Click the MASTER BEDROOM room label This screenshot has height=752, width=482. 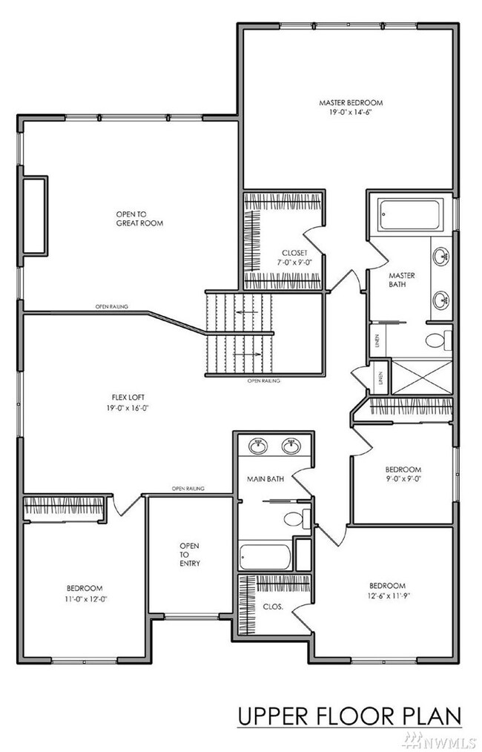click(351, 103)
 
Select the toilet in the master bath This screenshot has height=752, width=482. click(437, 340)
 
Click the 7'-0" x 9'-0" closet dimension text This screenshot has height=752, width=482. click(273, 262)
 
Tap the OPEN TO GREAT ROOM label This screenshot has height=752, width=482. click(139, 218)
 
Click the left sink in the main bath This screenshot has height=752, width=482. click(257, 446)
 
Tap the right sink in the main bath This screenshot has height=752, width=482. click(291, 446)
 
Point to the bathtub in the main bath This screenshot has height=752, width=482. click(265, 556)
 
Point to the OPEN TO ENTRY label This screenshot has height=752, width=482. click(189, 554)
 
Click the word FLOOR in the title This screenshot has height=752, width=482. click(351, 716)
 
